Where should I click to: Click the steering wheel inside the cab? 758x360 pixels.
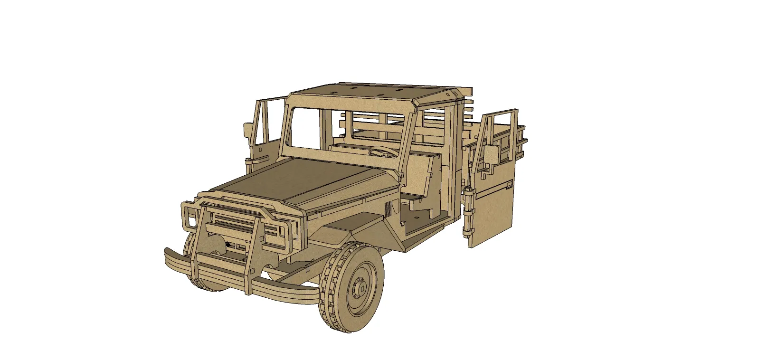pyautogui.click(x=383, y=152)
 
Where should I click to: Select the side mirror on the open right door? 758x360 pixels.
pyautogui.click(x=492, y=154)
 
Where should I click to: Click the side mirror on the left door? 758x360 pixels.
pyautogui.click(x=248, y=129)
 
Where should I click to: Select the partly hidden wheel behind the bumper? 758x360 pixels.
pyautogui.click(x=209, y=266)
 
